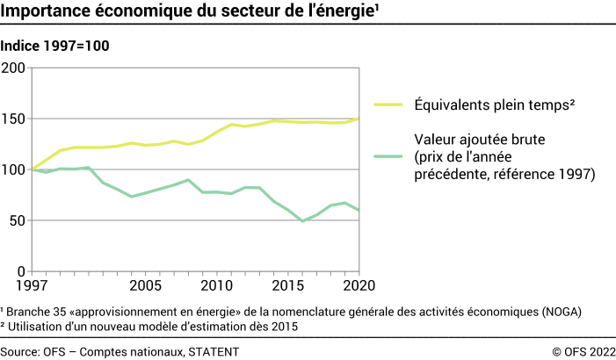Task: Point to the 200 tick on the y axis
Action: click(15, 68)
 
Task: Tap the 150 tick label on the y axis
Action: click(15, 119)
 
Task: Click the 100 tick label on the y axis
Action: click(15, 169)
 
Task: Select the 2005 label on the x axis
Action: click(145, 286)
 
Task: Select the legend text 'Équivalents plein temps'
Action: click(494, 105)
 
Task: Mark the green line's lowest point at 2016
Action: click(302, 221)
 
